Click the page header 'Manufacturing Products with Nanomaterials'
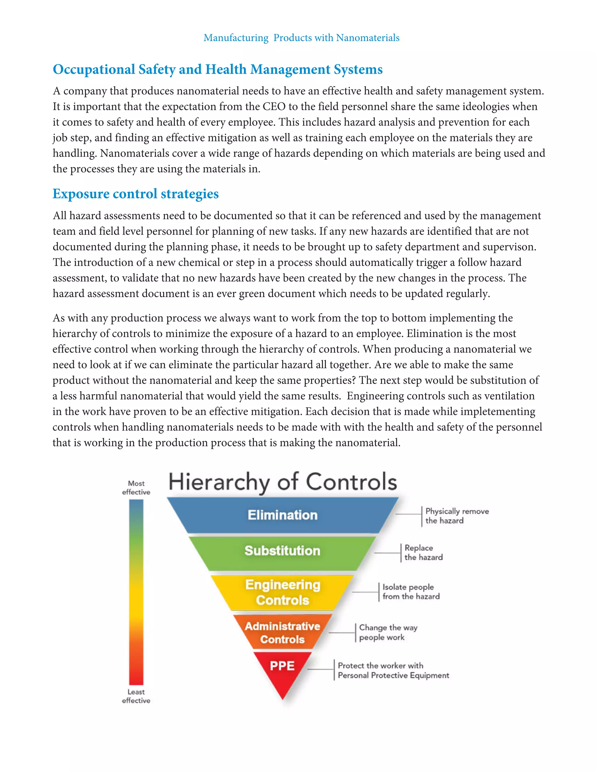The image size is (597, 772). pos(301,38)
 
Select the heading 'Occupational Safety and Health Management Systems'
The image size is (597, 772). pos(217,70)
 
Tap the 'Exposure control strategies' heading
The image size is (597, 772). pos(136,194)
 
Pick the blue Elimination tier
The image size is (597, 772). pos(282,515)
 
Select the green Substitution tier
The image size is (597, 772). pos(282,551)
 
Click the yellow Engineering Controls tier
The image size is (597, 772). pos(282,593)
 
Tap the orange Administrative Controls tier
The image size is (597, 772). pos(282,632)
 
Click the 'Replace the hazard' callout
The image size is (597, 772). pos(423,552)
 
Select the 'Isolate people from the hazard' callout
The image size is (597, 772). pos(411,592)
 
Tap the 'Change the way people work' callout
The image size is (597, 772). pos(388,632)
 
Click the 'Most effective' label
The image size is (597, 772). pos(136,487)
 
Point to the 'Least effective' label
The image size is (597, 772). pos(136,696)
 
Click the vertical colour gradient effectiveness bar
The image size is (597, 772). pos(136,592)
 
